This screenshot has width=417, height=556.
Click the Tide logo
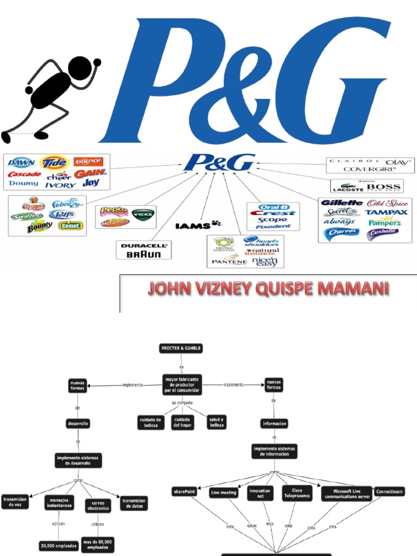(x=54, y=162)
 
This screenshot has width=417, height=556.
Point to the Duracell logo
(x=144, y=245)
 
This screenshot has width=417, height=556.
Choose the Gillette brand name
(x=342, y=203)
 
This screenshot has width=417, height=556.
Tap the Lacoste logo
(x=347, y=188)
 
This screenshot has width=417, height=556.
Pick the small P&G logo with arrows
(x=219, y=162)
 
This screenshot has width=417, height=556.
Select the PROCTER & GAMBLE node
(x=181, y=349)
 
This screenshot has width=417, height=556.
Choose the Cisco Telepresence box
(x=296, y=492)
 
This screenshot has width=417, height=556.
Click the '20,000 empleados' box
(x=58, y=546)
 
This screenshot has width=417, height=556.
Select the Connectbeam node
(x=389, y=492)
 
